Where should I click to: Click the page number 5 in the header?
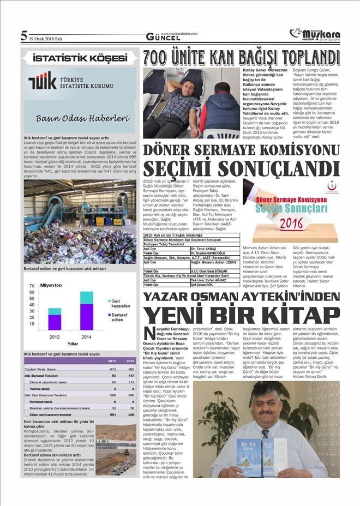click(x=23, y=37)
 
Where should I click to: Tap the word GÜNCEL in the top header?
click(x=163, y=38)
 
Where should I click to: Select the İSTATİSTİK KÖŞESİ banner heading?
click(x=79, y=57)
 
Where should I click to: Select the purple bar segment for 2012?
click(x=54, y=322)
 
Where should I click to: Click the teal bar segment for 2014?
click(x=86, y=297)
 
